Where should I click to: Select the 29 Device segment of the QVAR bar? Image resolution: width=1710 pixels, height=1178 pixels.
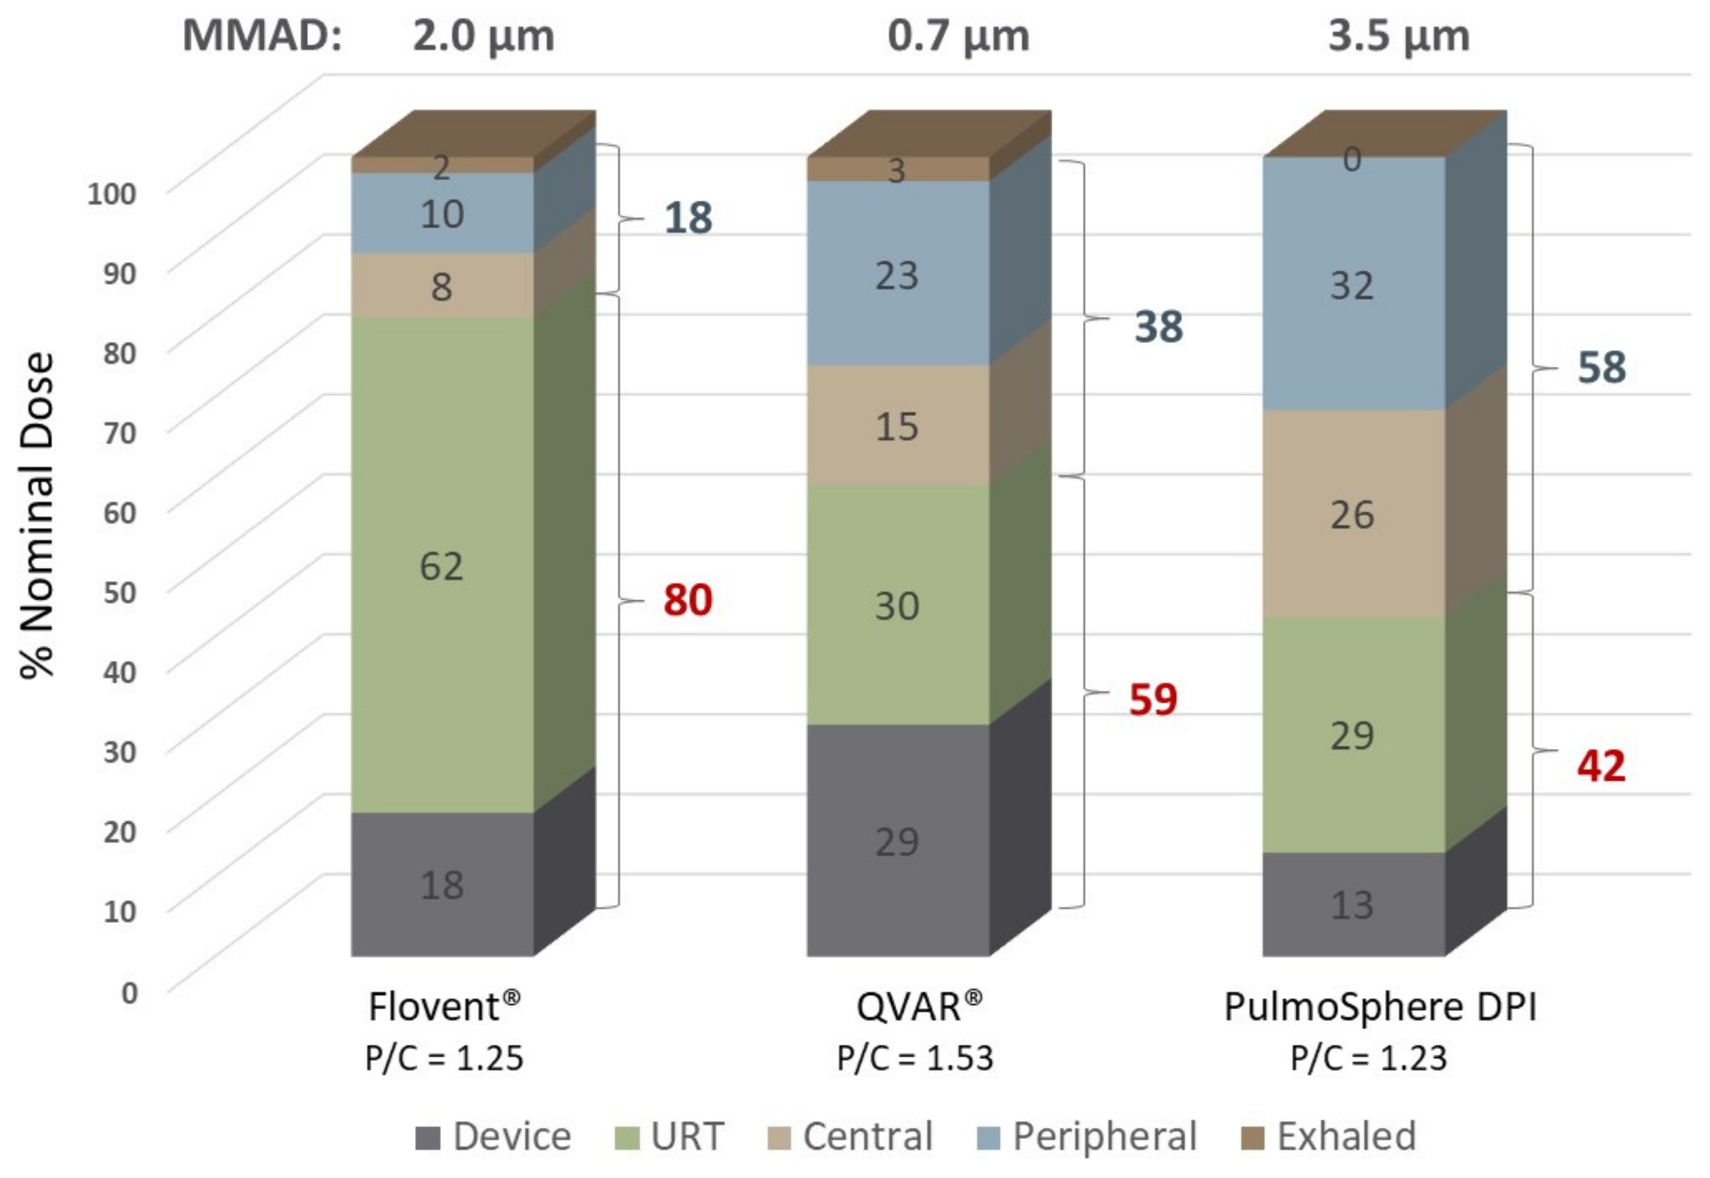click(x=897, y=841)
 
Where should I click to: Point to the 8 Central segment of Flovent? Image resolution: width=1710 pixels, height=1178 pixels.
click(x=441, y=286)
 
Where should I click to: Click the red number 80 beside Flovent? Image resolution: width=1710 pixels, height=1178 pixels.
click(x=687, y=600)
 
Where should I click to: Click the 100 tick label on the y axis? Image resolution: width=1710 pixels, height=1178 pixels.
click(x=111, y=193)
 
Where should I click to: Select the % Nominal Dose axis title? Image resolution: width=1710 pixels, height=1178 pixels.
click(x=37, y=514)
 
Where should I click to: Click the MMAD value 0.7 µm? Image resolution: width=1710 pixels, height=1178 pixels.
click(x=958, y=35)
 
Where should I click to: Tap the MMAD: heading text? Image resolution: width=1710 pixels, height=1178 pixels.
click(x=262, y=35)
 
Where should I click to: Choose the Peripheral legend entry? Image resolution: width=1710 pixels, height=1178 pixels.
click(x=1086, y=1136)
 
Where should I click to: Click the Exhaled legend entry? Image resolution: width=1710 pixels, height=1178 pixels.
click(x=1328, y=1136)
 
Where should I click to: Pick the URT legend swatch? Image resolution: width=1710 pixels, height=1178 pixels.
click(x=626, y=1138)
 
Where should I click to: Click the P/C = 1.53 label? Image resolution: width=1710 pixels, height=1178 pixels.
click(x=914, y=1058)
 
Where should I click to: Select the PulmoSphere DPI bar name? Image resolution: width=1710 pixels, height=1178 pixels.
click(x=1379, y=1007)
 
